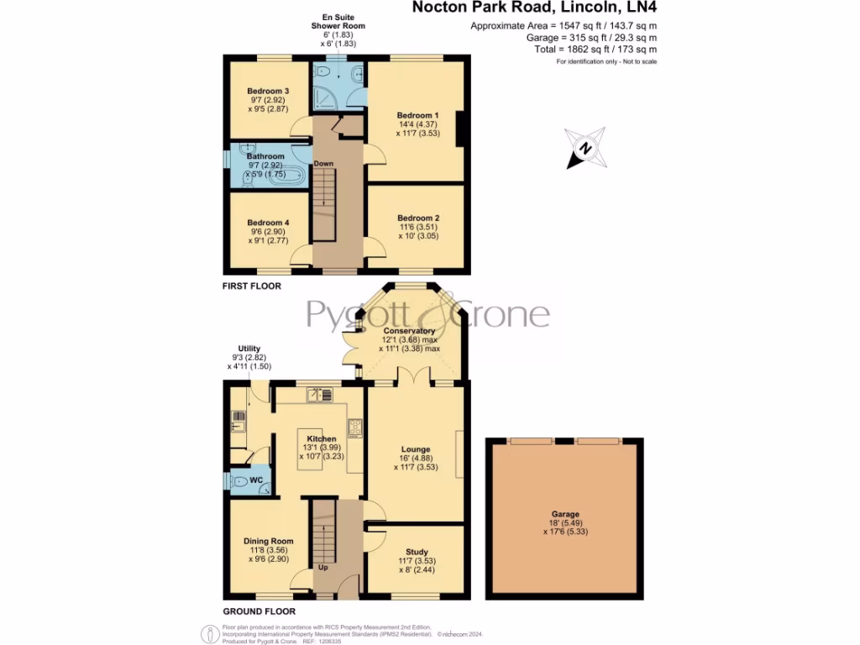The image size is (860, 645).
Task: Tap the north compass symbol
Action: click(585, 149)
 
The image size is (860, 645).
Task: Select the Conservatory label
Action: click(409, 331)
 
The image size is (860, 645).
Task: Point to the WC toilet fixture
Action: click(240, 482)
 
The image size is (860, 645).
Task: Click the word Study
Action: click(417, 550)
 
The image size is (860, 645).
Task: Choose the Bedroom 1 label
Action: click(417, 115)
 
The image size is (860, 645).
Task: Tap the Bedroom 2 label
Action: click(418, 218)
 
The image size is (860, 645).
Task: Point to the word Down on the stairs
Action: click(324, 163)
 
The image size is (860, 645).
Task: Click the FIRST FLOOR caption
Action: click(252, 286)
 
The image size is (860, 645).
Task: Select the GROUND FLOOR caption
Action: click(258, 611)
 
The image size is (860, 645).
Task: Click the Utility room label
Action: click(249, 349)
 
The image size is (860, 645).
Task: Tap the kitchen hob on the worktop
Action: click(354, 427)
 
